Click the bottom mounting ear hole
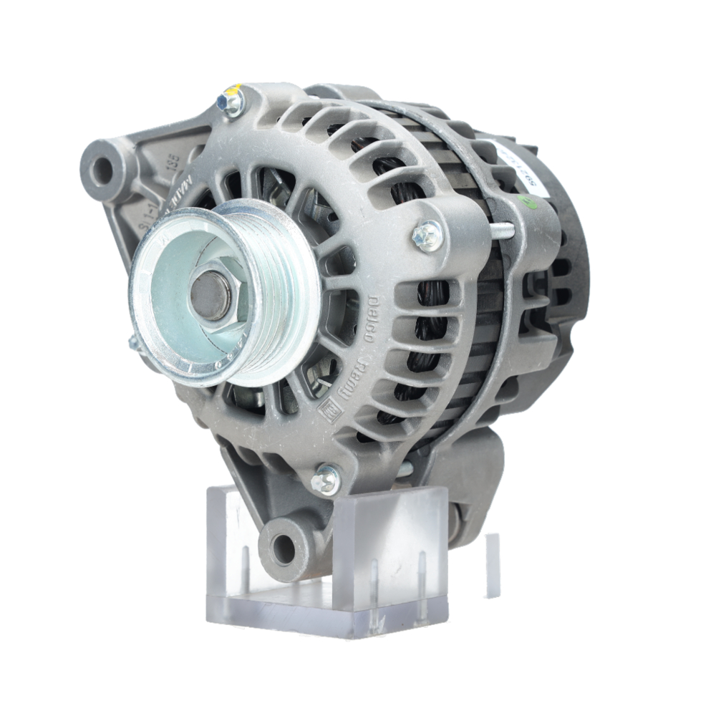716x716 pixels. (x=284, y=548)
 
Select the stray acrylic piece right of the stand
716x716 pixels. (x=493, y=566)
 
